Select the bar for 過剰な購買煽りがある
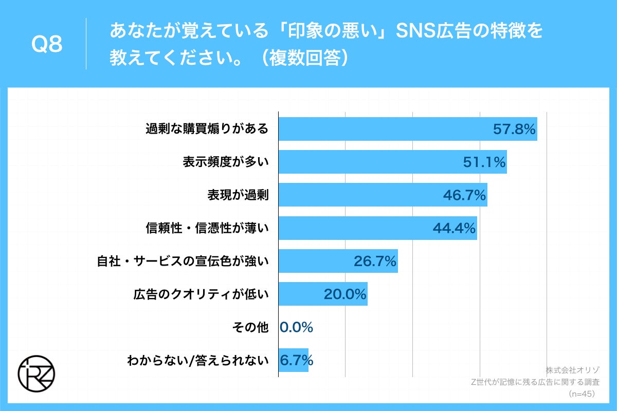pyautogui.click(x=407, y=129)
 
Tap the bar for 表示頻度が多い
pyautogui.click(x=392, y=162)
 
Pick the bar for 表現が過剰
pyautogui.click(x=383, y=195)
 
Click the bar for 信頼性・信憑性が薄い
pyautogui.click(x=377, y=228)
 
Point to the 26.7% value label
pyautogui.click(x=375, y=261)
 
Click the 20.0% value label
pyautogui.click(x=344, y=294)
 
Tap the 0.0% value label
pyautogui.click(x=297, y=327)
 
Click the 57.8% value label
pyautogui.click(x=514, y=129)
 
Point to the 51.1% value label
pyautogui.click(x=484, y=162)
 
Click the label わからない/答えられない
pyautogui.click(x=198, y=361)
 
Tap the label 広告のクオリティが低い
pyautogui.click(x=201, y=294)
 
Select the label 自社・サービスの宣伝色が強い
pyautogui.click(x=183, y=261)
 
